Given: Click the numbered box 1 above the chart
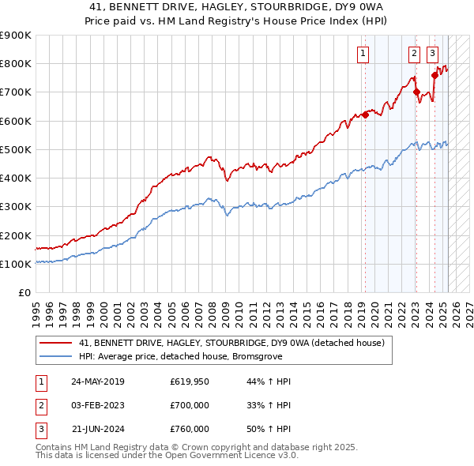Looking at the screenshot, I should [363, 54].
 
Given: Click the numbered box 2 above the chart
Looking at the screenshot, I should [414, 54].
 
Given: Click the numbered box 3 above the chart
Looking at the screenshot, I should [433, 54].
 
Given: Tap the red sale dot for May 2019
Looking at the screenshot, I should [365, 115].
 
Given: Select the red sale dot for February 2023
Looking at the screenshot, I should [416, 92].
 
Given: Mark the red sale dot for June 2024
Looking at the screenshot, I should [434, 75].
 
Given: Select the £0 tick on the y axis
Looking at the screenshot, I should [25, 293].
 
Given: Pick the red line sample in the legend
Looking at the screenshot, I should [55, 343].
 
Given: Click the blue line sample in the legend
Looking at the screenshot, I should [55, 356].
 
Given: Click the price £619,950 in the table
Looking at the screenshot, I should [189, 381].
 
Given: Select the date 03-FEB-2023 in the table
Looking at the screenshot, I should [97, 405].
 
